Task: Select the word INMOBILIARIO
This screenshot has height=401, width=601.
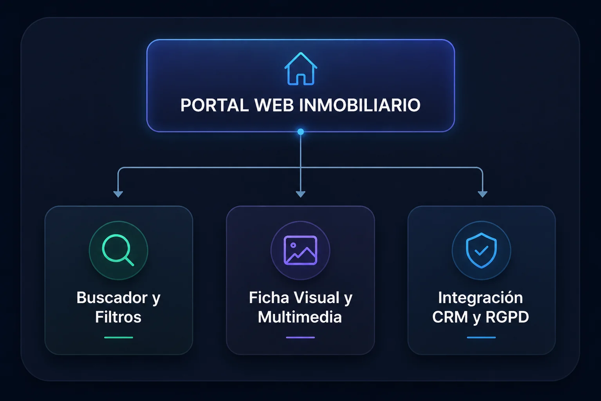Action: click(360, 105)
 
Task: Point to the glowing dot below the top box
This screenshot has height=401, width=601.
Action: click(301, 132)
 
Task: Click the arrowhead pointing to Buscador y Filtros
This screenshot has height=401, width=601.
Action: click(118, 194)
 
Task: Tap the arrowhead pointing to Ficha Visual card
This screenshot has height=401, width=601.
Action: click(301, 194)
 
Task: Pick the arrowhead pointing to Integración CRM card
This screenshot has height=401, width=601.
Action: click(482, 194)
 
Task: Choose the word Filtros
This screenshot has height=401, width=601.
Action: click(118, 317)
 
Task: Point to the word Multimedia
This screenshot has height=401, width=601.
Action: click(300, 317)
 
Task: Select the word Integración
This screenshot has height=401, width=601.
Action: click(480, 298)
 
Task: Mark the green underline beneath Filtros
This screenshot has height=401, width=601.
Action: click(118, 338)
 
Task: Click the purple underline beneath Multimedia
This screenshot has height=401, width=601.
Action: click(300, 338)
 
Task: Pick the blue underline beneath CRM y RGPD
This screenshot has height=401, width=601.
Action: click(481, 338)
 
